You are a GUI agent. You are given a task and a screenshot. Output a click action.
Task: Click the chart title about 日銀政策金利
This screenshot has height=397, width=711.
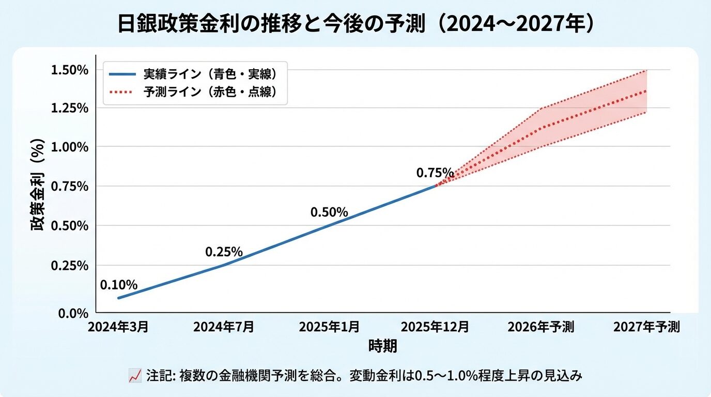355,24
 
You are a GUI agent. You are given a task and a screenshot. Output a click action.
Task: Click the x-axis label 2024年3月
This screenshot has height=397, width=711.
118,327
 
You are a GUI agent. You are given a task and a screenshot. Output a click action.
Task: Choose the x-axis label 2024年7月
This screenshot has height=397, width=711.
223,327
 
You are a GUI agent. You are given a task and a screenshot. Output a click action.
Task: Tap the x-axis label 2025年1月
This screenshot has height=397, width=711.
330,327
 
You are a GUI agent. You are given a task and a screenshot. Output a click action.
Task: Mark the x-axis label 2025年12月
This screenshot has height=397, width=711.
435,327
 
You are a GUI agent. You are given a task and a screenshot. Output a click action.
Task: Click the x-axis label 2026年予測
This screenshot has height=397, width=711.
540,327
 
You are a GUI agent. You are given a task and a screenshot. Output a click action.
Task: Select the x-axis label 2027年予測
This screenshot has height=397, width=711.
646,327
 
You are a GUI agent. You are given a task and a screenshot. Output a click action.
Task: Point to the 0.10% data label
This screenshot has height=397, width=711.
119,285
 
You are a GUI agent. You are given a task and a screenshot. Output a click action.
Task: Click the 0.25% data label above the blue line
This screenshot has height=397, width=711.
224,252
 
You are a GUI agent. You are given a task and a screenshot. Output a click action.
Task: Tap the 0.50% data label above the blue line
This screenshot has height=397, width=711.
329,212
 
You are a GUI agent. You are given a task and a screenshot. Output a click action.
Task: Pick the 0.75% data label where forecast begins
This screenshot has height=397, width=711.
435,173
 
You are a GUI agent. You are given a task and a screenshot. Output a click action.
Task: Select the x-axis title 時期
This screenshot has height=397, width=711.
383,346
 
